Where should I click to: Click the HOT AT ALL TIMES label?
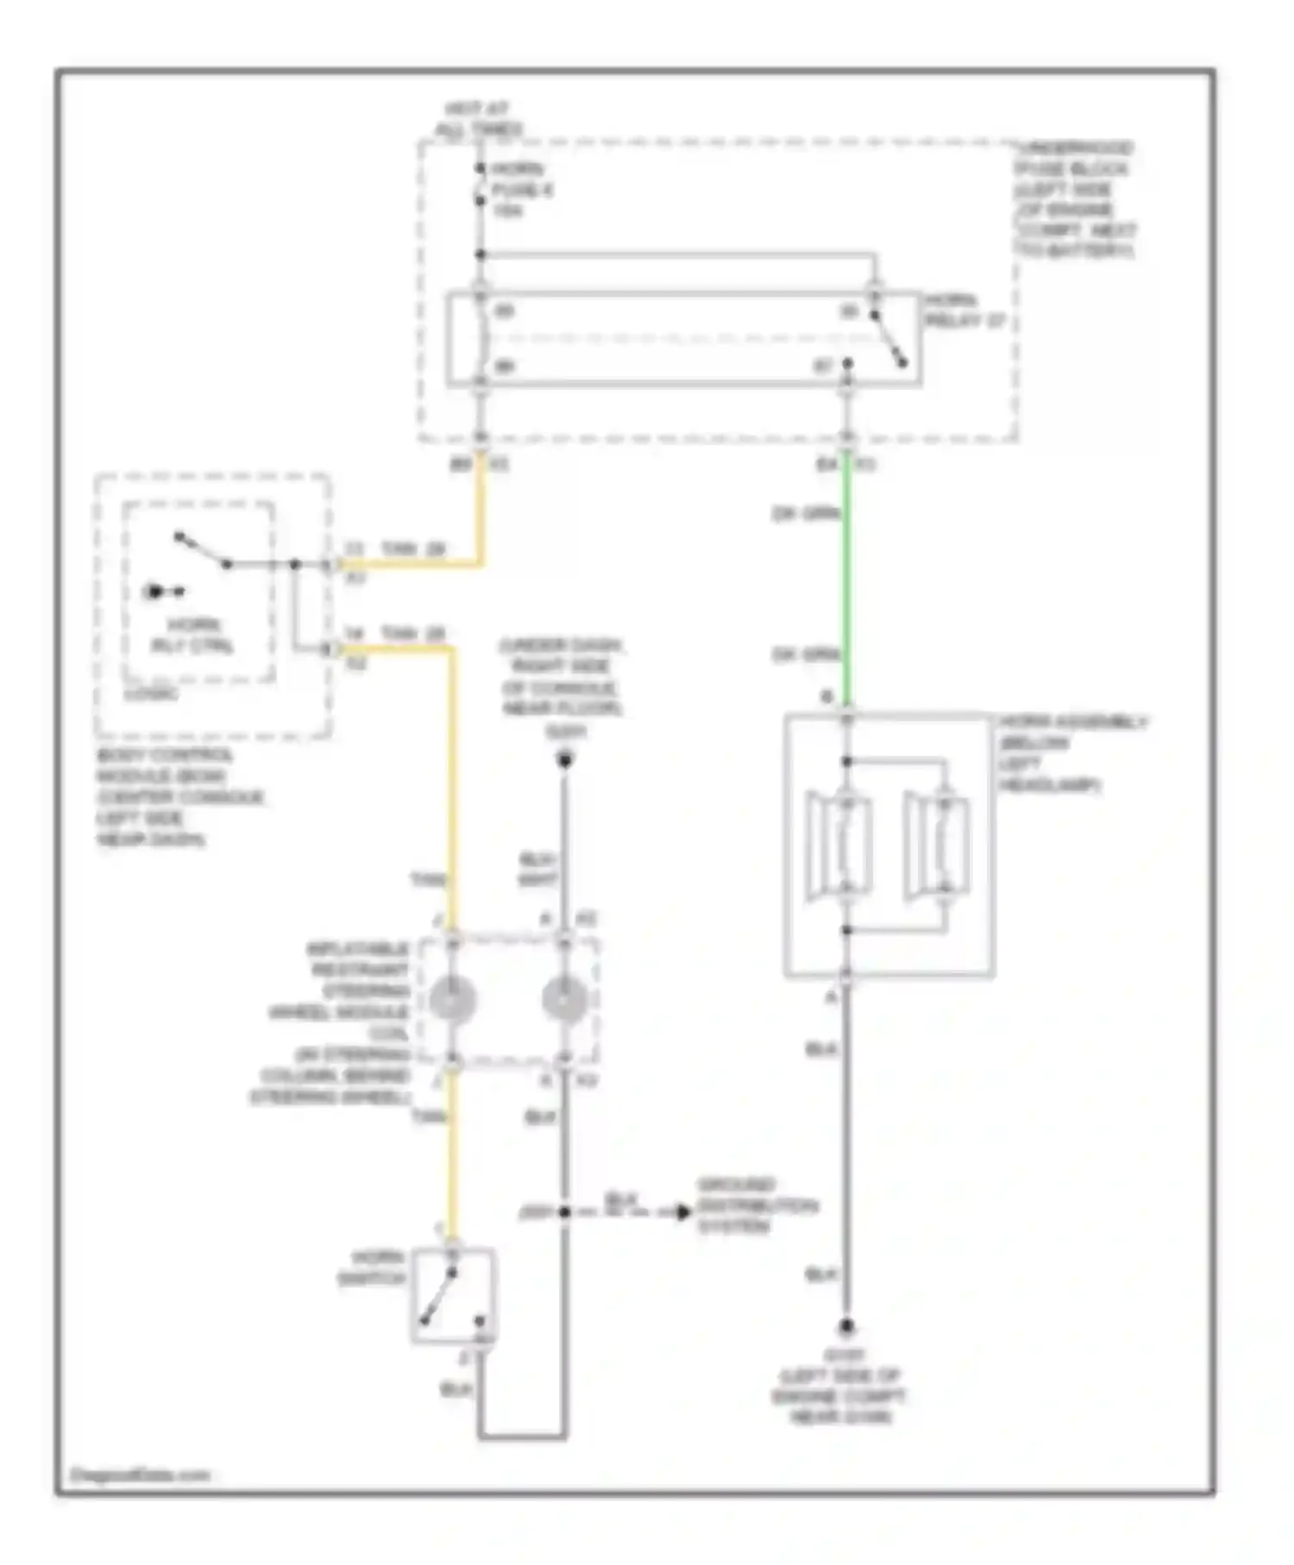pyautogui.click(x=479, y=119)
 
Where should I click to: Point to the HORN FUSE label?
pyautogui.click(x=521, y=190)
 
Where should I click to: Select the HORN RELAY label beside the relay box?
pyautogui.click(x=964, y=311)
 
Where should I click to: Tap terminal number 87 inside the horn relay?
pyautogui.click(x=824, y=367)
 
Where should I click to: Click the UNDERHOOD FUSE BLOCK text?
pyautogui.click(x=1075, y=199)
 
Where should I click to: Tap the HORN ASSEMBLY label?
pyautogui.click(x=1072, y=753)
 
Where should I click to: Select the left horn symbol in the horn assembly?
pyautogui.click(x=839, y=846)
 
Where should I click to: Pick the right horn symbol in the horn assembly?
pyautogui.click(x=937, y=846)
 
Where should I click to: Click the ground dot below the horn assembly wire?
pyautogui.click(x=846, y=1326)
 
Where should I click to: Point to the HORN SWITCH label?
pyautogui.click(x=372, y=1267)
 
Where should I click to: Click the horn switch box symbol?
pyautogui.click(x=453, y=1295)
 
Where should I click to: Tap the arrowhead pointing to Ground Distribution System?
pyautogui.click(x=682, y=1212)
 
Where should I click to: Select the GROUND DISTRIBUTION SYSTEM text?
pyautogui.click(x=756, y=1205)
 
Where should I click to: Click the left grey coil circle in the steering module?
pyautogui.click(x=452, y=1000)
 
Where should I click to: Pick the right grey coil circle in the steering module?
pyautogui.click(x=564, y=1000)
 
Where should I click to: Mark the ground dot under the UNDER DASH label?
pyautogui.click(x=564, y=760)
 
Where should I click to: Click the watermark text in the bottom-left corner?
pyautogui.click(x=140, y=1474)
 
